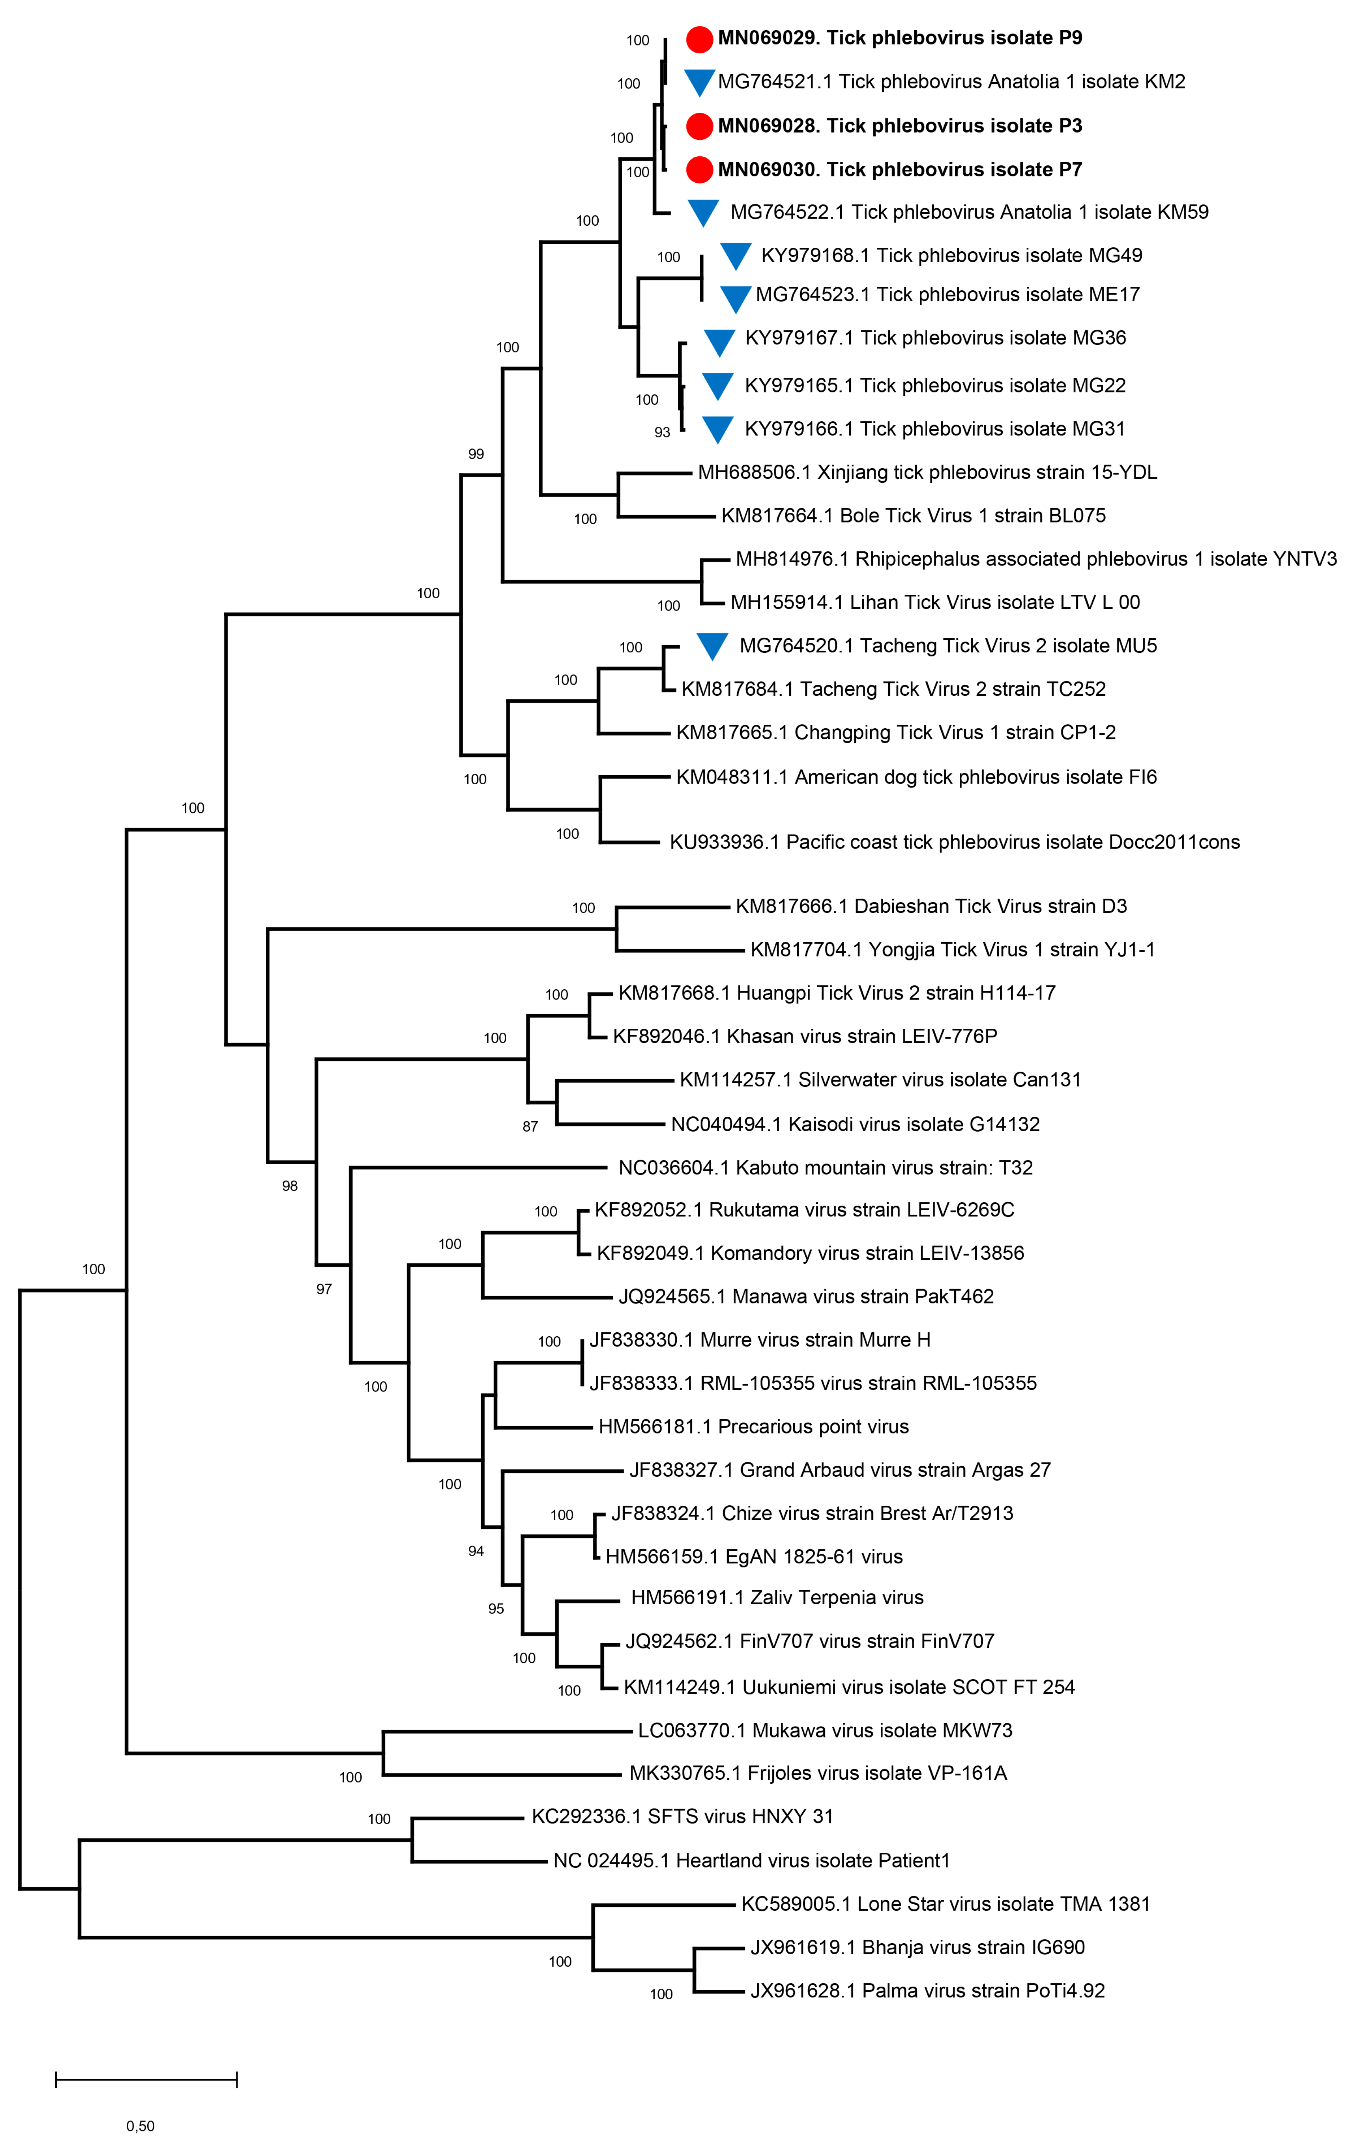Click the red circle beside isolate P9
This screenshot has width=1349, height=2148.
click(699, 39)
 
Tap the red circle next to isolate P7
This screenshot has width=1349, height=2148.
click(699, 169)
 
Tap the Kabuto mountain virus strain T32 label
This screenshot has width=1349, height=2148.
click(825, 1168)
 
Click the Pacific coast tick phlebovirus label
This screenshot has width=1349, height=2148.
click(955, 842)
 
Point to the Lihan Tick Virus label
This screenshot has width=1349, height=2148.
click(935, 602)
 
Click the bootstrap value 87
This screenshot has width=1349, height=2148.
click(530, 1127)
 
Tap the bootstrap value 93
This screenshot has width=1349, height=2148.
click(662, 433)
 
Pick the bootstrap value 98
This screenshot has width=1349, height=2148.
click(290, 1185)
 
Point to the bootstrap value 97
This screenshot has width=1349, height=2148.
click(324, 1289)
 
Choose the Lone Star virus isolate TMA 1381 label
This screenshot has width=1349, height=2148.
click(946, 1904)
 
